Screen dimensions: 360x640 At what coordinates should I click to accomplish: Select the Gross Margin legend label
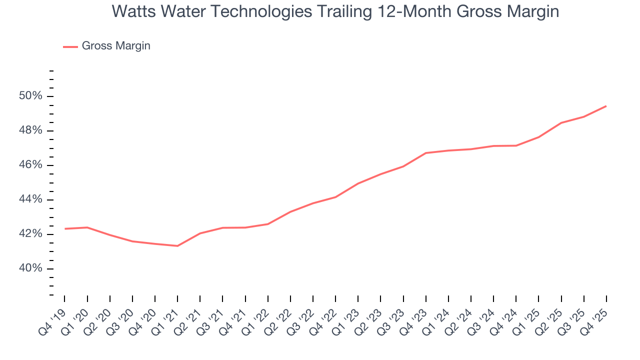point(116,46)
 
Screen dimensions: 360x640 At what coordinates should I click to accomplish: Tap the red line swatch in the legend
point(70,46)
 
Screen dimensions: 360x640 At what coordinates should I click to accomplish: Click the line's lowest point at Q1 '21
point(177,245)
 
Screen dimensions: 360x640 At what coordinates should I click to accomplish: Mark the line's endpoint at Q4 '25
point(606,106)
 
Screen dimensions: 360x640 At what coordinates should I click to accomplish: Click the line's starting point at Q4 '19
point(65,228)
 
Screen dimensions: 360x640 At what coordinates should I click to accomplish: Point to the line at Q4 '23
point(425,153)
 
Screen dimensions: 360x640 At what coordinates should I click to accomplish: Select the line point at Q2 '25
point(561,122)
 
